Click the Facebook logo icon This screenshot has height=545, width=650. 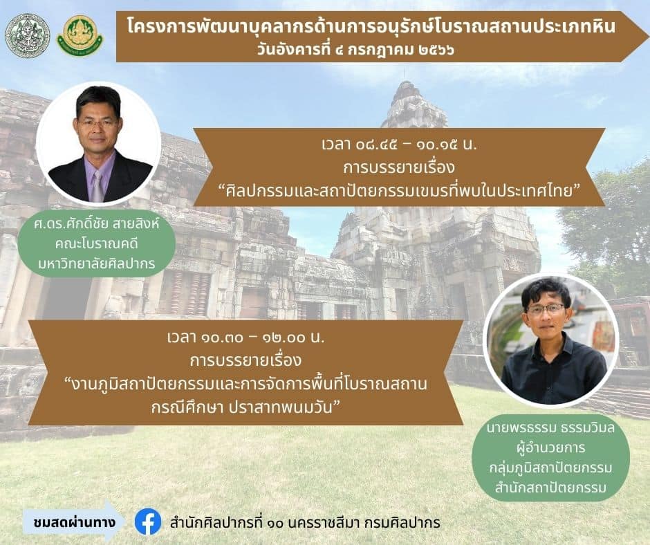click(148, 521)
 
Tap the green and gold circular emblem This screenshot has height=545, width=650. click(80, 36)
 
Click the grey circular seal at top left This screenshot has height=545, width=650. click(28, 36)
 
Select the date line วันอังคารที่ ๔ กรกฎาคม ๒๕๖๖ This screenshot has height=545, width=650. click(355, 50)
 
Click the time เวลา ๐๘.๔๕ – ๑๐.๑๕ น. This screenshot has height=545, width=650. click(399, 145)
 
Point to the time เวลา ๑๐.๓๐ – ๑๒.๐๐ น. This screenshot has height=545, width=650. click(245, 338)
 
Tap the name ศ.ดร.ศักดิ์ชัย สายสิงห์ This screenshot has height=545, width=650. click(97, 224)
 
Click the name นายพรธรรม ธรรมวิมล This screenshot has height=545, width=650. click(551, 427)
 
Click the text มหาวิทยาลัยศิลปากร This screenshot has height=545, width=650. click(97, 264)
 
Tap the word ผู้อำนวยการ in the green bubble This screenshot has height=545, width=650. click(551, 448)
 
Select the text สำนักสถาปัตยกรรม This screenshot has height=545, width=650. click(551, 488)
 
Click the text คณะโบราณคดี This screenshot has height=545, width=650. click(97, 244)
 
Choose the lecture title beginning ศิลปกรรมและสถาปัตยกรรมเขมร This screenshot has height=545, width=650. click(399, 192)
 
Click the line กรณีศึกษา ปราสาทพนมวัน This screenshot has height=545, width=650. click(245, 407)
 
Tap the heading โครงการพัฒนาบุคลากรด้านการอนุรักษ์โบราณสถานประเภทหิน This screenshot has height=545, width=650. click(371, 27)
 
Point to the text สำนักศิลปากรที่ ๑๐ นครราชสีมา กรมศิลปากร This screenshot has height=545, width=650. click(305, 523)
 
